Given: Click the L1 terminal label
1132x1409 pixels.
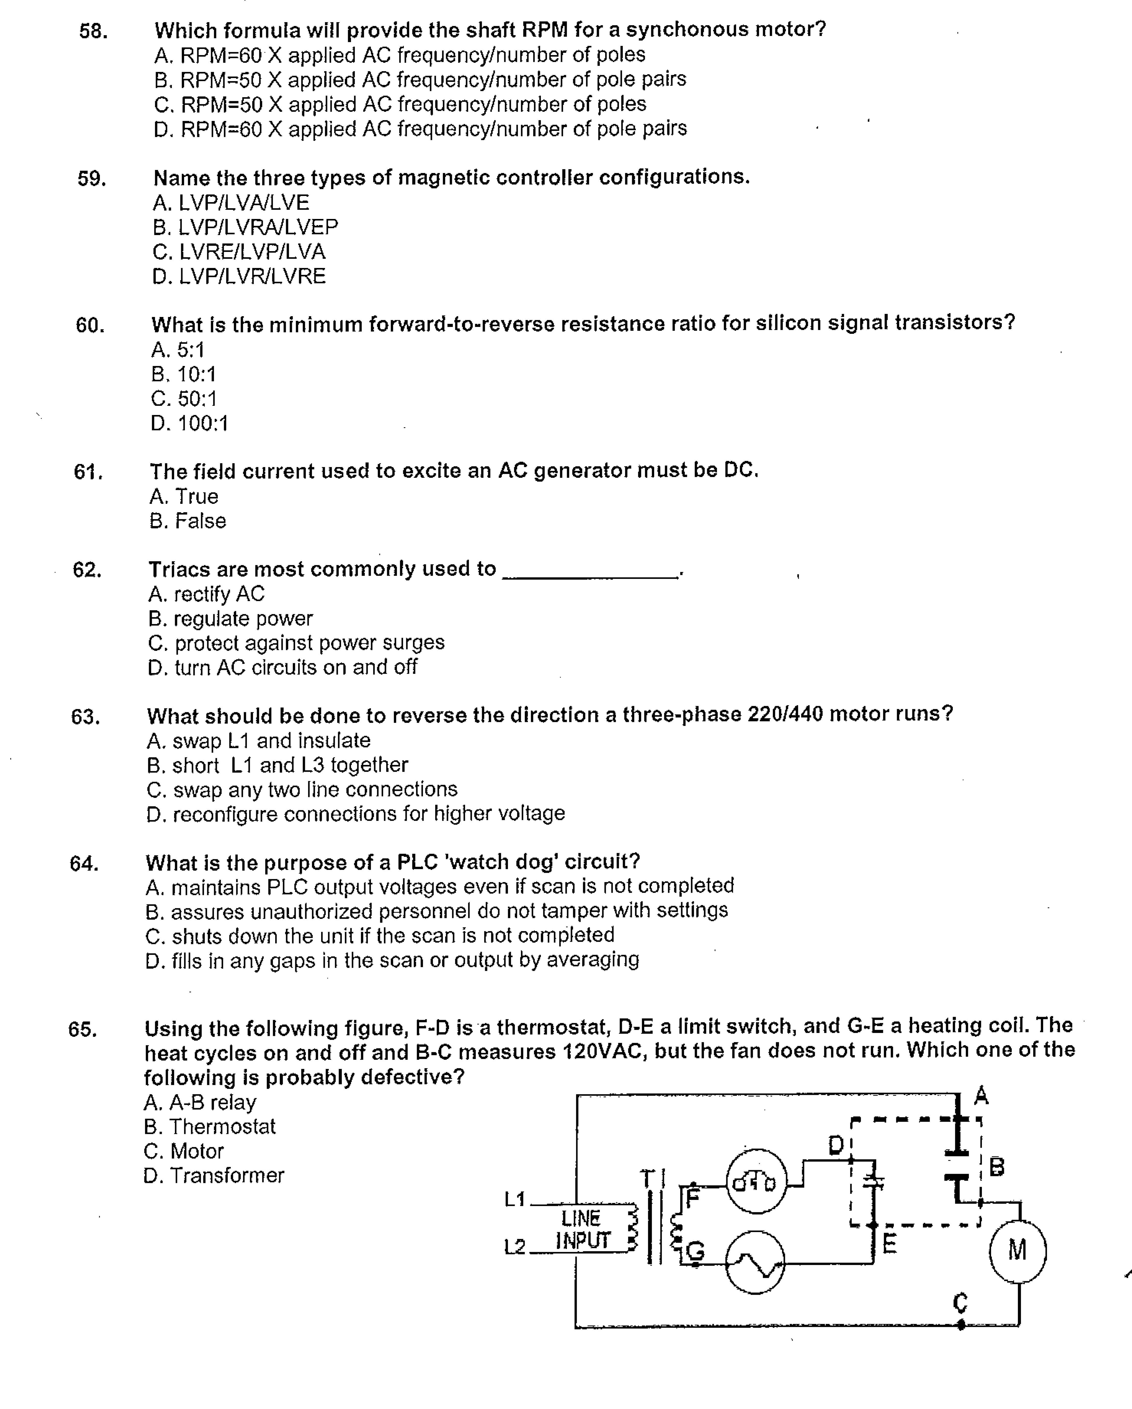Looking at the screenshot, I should pyautogui.click(x=515, y=1199).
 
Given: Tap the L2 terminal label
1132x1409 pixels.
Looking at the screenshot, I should pyautogui.click(x=515, y=1247).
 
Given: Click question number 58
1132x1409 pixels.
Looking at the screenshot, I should pyautogui.click(x=93, y=31).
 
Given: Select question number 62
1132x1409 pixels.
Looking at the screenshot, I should pyautogui.click(x=87, y=570).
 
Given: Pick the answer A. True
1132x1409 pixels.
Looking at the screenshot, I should pyautogui.click(x=184, y=497).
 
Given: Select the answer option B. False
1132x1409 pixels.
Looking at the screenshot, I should pyautogui.click(x=188, y=521).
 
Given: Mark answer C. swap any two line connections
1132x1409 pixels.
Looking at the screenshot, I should pyautogui.click(x=302, y=789).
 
